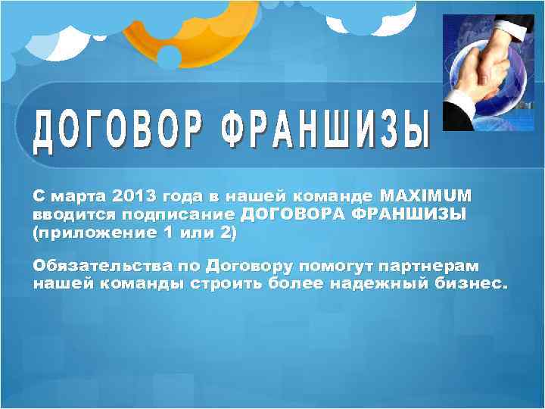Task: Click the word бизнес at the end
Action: point(469,284)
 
